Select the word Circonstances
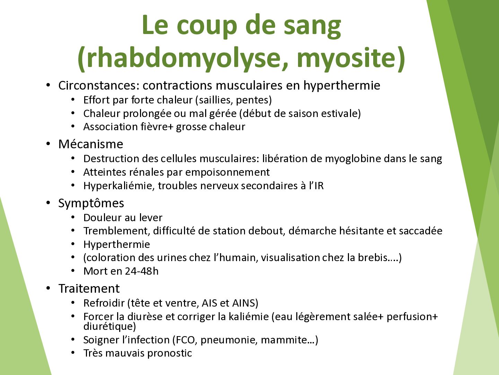100,86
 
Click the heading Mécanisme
91,144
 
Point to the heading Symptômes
91,203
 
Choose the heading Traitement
89,289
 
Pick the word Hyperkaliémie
119,186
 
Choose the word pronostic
169,353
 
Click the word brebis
373,258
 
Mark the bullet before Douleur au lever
73,217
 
